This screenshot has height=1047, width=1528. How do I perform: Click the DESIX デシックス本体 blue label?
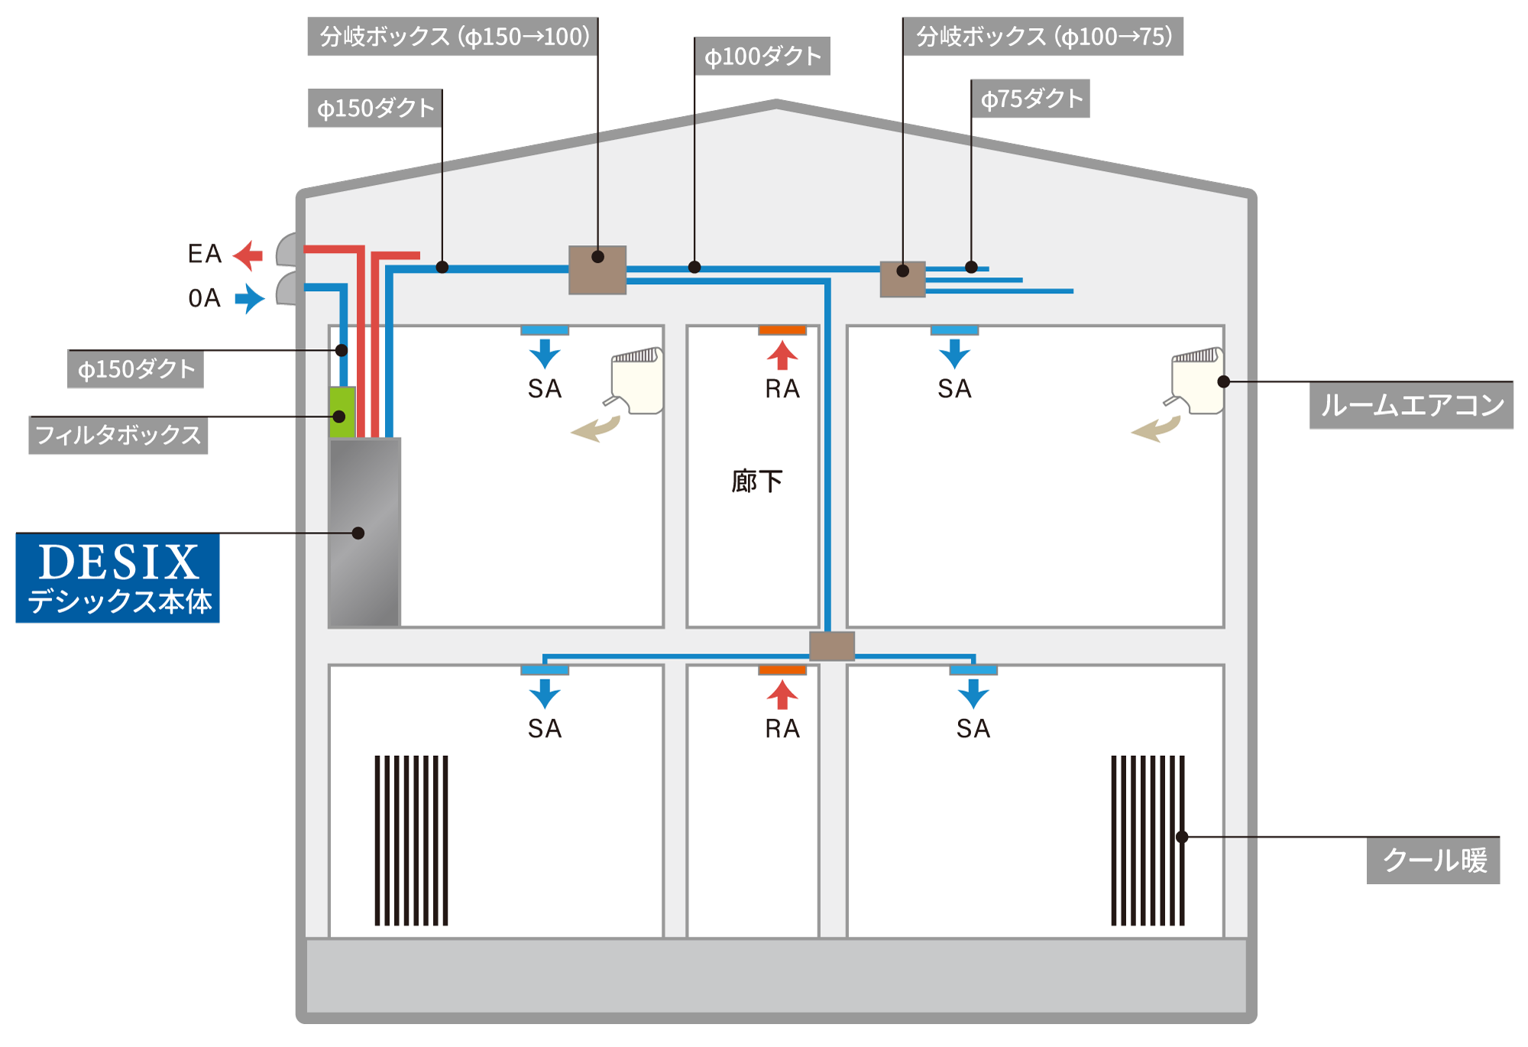tap(118, 578)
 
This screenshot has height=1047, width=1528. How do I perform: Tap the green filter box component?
tap(342, 412)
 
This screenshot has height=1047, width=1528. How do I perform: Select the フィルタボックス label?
tap(118, 435)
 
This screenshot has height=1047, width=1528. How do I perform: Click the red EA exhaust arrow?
tap(248, 255)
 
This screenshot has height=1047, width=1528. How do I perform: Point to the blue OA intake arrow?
tap(250, 298)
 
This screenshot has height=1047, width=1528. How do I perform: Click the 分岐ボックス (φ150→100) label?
tap(453, 37)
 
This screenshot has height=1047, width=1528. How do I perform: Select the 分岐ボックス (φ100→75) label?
tap(1043, 37)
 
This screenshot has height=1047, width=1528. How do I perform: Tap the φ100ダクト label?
tap(762, 57)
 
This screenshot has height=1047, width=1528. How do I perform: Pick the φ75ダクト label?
tap(1031, 99)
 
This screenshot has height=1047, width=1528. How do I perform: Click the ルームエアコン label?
tap(1411, 405)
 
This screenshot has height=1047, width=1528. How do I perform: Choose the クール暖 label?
tap(1433, 861)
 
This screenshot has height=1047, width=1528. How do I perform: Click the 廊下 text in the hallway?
tap(756, 481)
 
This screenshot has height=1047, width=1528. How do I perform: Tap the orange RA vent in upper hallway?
tap(782, 330)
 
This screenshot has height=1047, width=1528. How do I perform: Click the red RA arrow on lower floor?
tap(782, 695)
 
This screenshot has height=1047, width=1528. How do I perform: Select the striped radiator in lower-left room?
tap(411, 841)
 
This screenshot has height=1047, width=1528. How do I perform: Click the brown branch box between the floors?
tap(832, 646)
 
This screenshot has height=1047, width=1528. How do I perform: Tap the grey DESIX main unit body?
tap(364, 532)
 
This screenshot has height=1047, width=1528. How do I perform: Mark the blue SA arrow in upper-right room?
tap(954, 354)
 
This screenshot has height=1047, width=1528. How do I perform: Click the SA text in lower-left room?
tap(545, 728)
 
